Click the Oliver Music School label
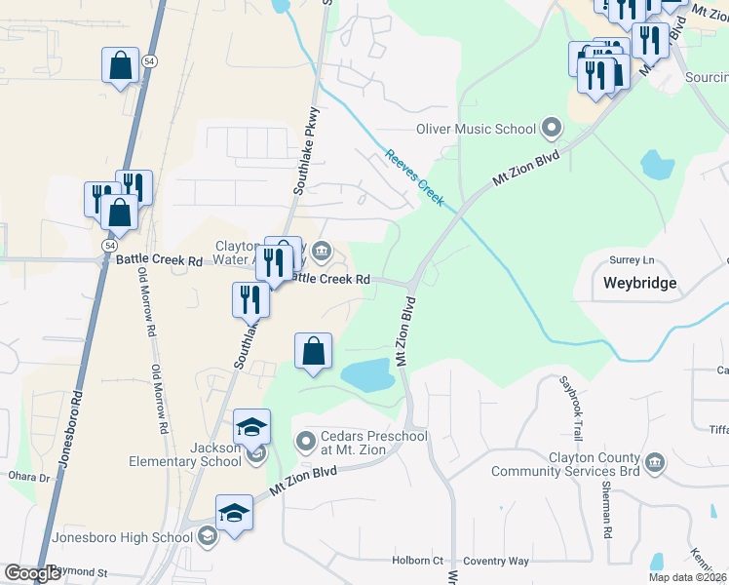pyautogui.click(x=477, y=129)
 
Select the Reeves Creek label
pyautogui.click(x=414, y=176)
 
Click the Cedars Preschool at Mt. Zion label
pyautogui.click(x=373, y=443)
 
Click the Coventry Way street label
pyautogui.click(x=496, y=561)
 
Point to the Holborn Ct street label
pyautogui.click(x=417, y=561)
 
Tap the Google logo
pyautogui.click(x=32, y=573)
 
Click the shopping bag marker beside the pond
pyautogui.click(x=313, y=352)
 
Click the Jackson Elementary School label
pyautogui.click(x=201, y=454)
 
